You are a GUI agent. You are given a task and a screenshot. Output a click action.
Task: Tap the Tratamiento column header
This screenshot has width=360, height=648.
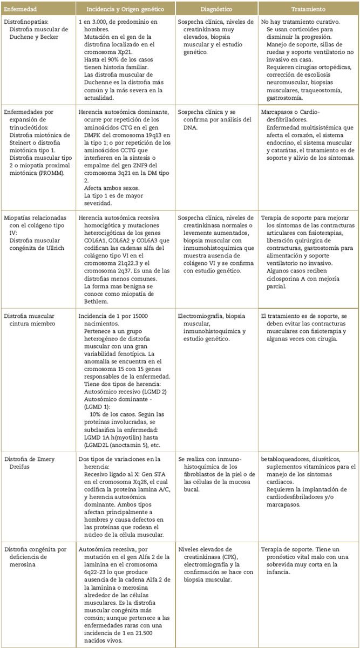308,10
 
